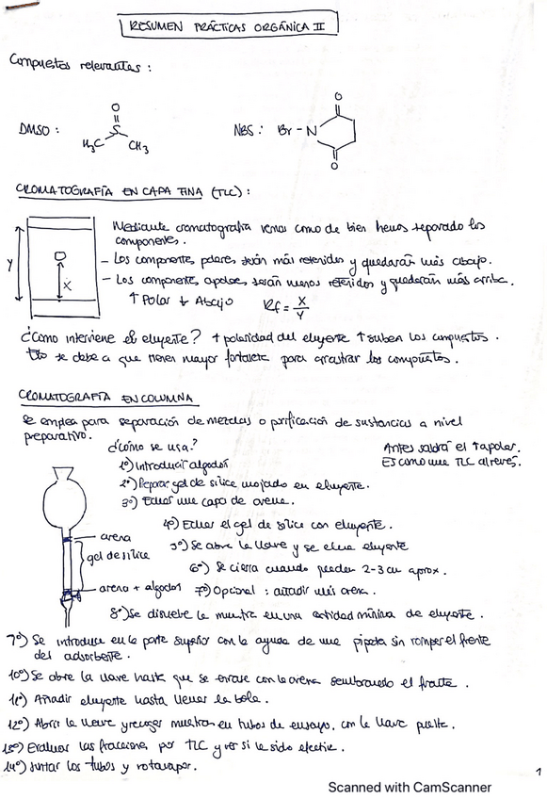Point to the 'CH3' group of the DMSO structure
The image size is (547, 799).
[x=138, y=146]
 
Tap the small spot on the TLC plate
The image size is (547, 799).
[x=59, y=255]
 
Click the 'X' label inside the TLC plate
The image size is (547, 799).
[x=69, y=283]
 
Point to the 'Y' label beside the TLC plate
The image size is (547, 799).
[x=10, y=265]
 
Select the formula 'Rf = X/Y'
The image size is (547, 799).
[x=275, y=302]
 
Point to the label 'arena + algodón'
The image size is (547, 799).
[x=135, y=588]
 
